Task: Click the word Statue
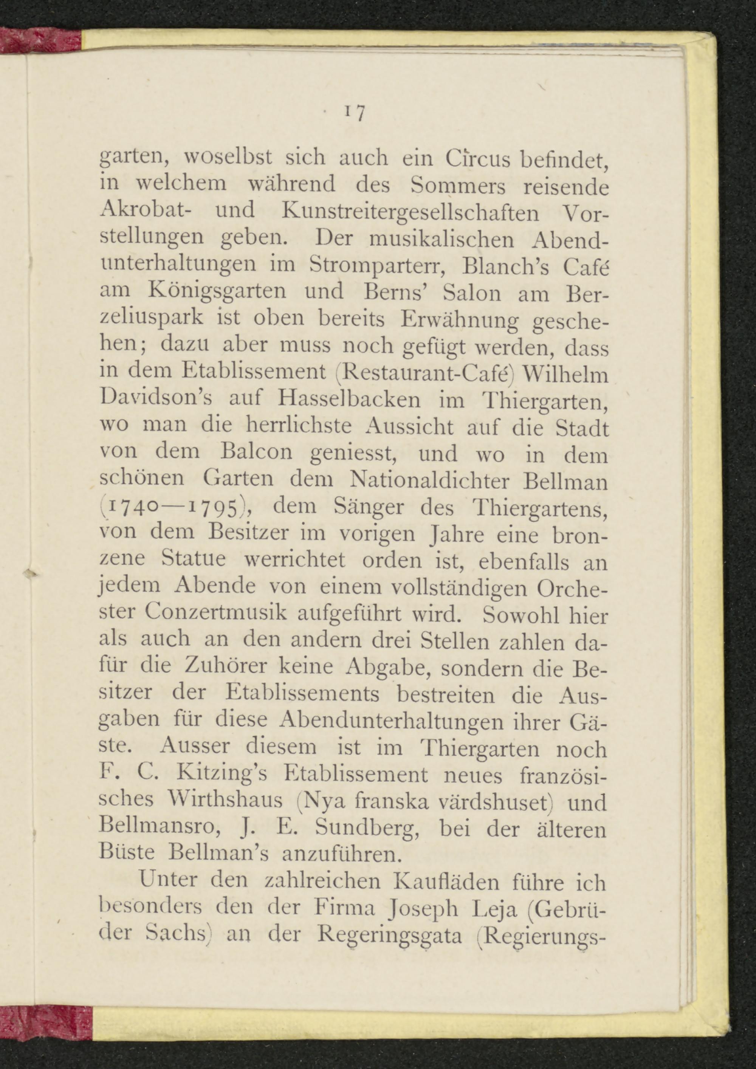(193, 559)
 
